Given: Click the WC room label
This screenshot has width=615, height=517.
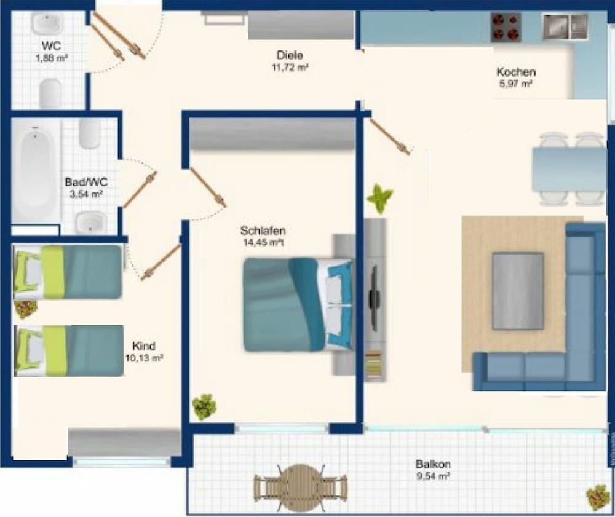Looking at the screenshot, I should [x=51, y=45].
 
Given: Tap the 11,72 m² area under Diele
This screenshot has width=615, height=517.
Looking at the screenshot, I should [x=290, y=68].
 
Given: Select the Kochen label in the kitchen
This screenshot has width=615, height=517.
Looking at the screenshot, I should [x=516, y=72].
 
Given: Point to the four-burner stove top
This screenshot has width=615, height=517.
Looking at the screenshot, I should [x=506, y=27].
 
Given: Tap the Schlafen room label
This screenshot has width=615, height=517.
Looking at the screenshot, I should [x=263, y=231].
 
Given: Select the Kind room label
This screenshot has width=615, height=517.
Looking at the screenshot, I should [x=144, y=345].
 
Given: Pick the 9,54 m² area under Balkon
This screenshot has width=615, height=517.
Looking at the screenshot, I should [x=433, y=476].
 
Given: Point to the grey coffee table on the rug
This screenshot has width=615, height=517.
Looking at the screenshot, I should [x=518, y=290].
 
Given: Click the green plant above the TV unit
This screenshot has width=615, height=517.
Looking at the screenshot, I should [x=379, y=199].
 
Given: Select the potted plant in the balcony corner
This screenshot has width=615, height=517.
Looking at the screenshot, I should [x=597, y=496].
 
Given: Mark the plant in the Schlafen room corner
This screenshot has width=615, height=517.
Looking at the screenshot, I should [x=204, y=406].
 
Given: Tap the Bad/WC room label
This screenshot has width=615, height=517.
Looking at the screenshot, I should [x=86, y=183].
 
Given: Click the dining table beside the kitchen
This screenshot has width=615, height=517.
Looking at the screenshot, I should [x=569, y=168].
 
